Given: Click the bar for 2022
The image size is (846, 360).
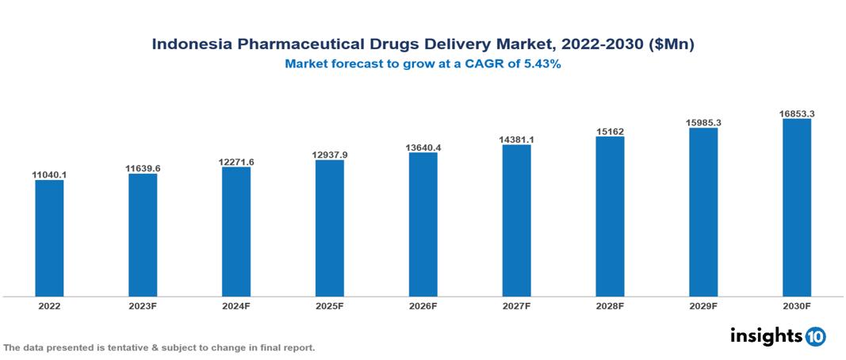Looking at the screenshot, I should point(49,238).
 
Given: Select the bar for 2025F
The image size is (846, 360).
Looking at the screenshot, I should point(330,228).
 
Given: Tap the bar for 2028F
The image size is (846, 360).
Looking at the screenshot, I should point(610,216).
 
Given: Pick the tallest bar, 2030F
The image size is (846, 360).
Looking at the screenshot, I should point(797,208).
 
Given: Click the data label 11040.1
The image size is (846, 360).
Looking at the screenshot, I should point(49,174).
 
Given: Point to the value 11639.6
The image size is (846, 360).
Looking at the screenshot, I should point(143,168).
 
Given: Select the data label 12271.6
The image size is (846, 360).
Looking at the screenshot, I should point(236,162).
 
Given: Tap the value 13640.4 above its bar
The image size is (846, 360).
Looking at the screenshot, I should point(423,147).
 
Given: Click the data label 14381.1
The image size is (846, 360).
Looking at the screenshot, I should point(516,140).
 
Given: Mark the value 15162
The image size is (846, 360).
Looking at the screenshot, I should point(610,132).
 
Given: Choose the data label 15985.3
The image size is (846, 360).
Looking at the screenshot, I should point(703,123).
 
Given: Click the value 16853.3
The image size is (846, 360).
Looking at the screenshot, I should point(797,114).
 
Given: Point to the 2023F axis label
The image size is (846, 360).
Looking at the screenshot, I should point(143,305).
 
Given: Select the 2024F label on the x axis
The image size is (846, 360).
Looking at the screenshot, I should point(236,305).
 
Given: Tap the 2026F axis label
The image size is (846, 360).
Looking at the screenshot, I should point(423,305).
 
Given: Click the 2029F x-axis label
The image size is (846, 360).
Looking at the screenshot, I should point(703,305).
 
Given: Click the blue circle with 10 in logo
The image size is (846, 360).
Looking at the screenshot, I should point(815,336).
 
